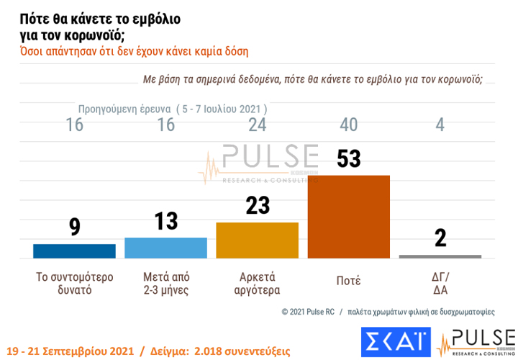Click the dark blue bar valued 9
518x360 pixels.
pyautogui.click(x=74, y=251)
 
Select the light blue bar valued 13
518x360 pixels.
pyautogui.click(x=166, y=247)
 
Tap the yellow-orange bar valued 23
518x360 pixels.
pyautogui.click(x=257, y=240)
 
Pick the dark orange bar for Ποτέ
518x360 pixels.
pyautogui.click(x=348, y=216)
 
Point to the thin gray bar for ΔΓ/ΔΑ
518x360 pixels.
pyautogui.click(x=440, y=256)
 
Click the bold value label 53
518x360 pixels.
pyautogui.click(x=349, y=159)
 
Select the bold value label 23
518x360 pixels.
pyautogui.click(x=257, y=206)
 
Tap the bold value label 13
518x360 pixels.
pyautogui.click(x=166, y=221)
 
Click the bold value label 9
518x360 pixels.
pyautogui.click(x=75, y=228)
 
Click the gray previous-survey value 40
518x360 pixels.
pyautogui.click(x=349, y=125)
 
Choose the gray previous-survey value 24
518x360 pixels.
pyautogui.click(x=258, y=125)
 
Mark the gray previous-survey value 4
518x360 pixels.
pyautogui.click(x=440, y=125)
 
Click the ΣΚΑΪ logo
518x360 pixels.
pyautogui.click(x=395, y=341)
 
